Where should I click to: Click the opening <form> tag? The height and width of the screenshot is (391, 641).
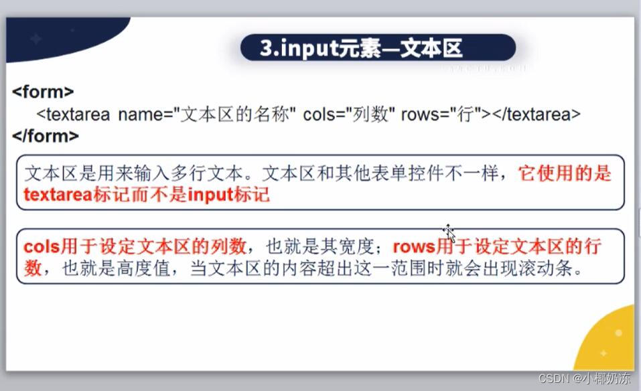pyautogui.click(x=43, y=92)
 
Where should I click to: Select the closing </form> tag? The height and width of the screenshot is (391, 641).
pyautogui.click(x=46, y=136)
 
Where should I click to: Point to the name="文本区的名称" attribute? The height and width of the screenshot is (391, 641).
pyautogui.click(x=207, y=114)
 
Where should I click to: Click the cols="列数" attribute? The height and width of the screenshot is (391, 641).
pyautogui.click(x=348, y=114)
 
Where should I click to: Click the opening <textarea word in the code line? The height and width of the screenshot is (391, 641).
pyautogui.click(x=74, y=114)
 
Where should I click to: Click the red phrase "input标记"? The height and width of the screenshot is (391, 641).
pyautogui.click(x=228, y=195)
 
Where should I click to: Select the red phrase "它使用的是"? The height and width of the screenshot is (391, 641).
pyautogui.click(x=565, y=174)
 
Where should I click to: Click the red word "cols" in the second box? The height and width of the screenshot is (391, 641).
pyautogui.click(x=42, y=247)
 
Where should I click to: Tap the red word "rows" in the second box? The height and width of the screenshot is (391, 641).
pyautogui.click(x=414, y=247)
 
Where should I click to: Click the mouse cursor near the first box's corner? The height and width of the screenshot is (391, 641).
pyautogui.click(x=449, y=232)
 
